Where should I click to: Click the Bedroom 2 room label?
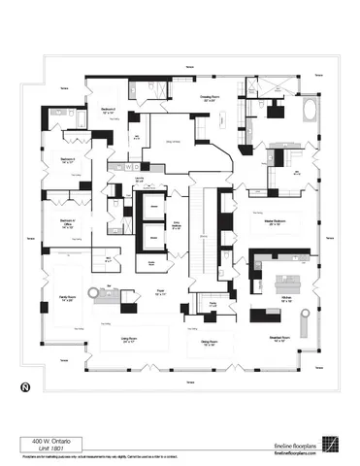click(110, 111)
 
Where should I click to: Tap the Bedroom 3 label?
click(69, 160)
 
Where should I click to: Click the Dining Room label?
click(208, 343)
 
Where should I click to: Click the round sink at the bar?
click(110, 290)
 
